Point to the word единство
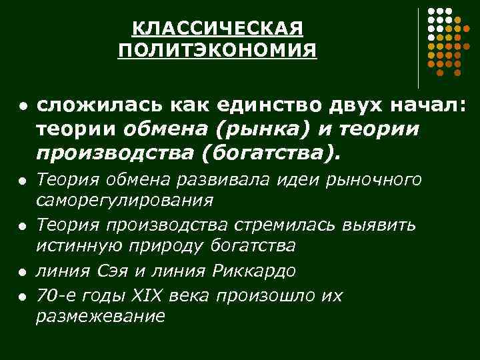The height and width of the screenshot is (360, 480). click(252, 105)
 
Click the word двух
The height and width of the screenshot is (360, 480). click(357, 105)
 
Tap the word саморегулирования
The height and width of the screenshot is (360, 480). click(125, 201)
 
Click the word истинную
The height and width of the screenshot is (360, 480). click(74, 246)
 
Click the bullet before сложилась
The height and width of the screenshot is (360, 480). click(22, 107)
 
